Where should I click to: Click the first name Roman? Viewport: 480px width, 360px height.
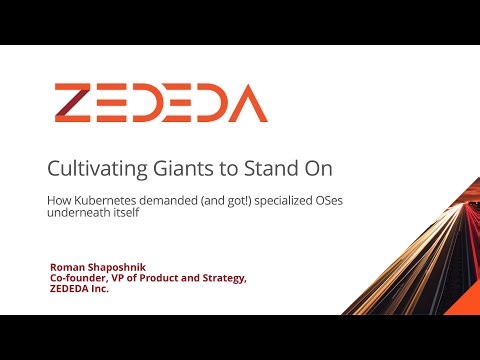click(x=66, y=267)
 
